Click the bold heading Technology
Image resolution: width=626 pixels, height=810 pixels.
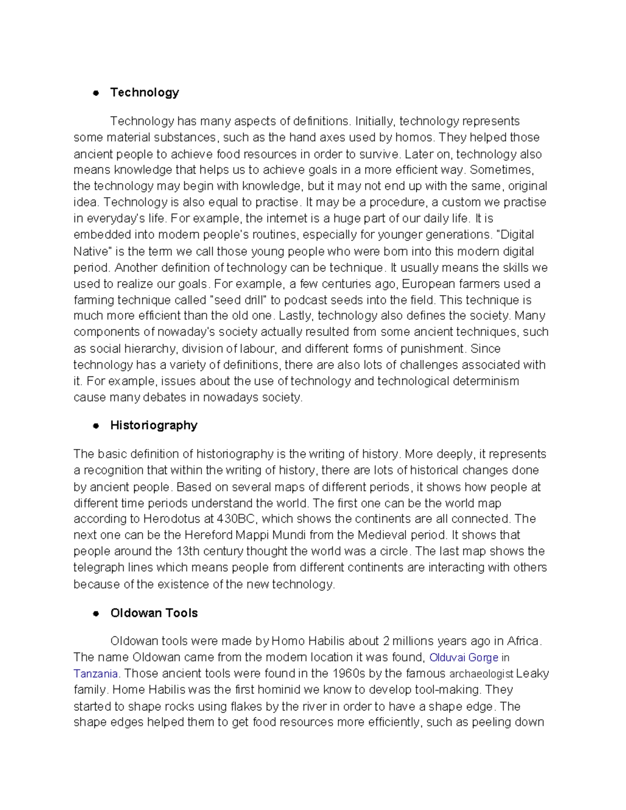[x=145, y=93]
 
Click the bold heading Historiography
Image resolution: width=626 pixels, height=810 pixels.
[x=153, y=426]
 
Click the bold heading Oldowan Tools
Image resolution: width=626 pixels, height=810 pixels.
[x=154, y=613]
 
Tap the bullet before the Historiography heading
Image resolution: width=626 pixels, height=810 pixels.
[x=95, y=426]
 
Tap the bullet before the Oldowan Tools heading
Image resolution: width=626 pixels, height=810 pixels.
[x=95, y=613]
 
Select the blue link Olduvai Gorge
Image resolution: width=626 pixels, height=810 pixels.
[x=463, y=658]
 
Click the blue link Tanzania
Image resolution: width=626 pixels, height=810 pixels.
[x=97, y=674]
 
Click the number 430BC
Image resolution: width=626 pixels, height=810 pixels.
[x=237, y=519]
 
